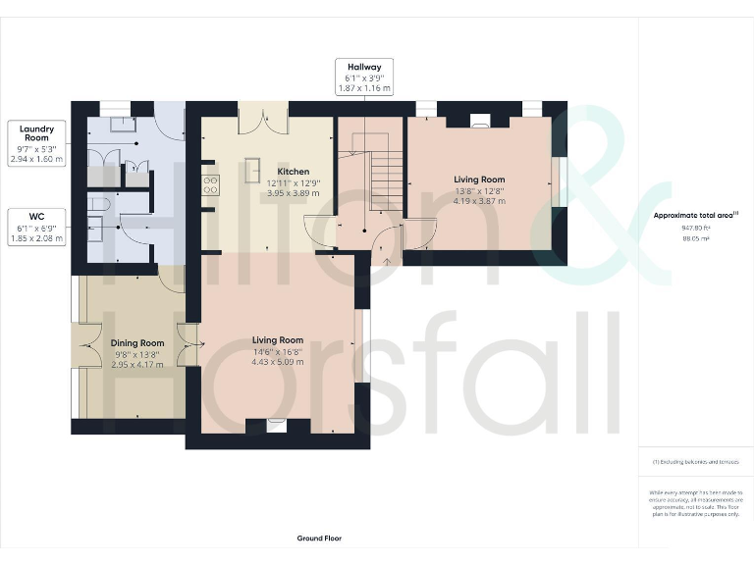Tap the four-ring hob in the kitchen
point(209,184)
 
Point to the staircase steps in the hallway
point(387,178)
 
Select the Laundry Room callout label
point(36,142)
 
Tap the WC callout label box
point(36,226)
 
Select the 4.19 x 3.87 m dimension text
point(479,201)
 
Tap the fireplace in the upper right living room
point(479,123)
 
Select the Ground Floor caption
point(319,538)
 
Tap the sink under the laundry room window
point(123,123)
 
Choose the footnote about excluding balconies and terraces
point(695,461)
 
